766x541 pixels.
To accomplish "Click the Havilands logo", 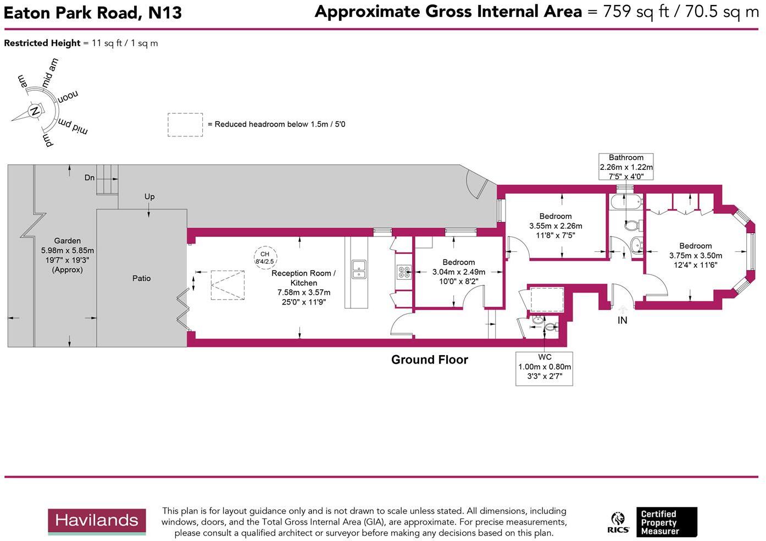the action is (x=97, y=521).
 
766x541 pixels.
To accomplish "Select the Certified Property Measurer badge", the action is (x=665, y=522).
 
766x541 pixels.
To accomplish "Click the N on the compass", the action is (x=35, y=111).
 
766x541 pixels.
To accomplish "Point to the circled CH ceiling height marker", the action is (x=265, y=257).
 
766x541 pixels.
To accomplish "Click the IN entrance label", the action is (x=622, y=320).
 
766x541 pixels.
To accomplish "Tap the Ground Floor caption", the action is (x=429, y=360).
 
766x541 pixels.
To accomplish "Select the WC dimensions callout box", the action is (x=544, y=368).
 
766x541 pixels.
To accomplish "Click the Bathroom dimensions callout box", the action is (x=626, y=167).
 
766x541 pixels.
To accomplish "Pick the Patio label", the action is (x=141, y=278).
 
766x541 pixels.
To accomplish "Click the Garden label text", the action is (x=68, y=241).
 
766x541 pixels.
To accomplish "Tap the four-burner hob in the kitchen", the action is (x=404, y=272).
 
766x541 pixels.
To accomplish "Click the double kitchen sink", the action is (x=358, y=269).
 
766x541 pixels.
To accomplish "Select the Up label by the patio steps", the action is (x=149, y=196).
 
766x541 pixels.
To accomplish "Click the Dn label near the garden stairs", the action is (x=90, y=178).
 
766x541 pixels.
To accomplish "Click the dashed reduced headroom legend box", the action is (x=185, y=125).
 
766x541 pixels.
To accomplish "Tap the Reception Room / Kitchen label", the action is (x=303, y=278).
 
